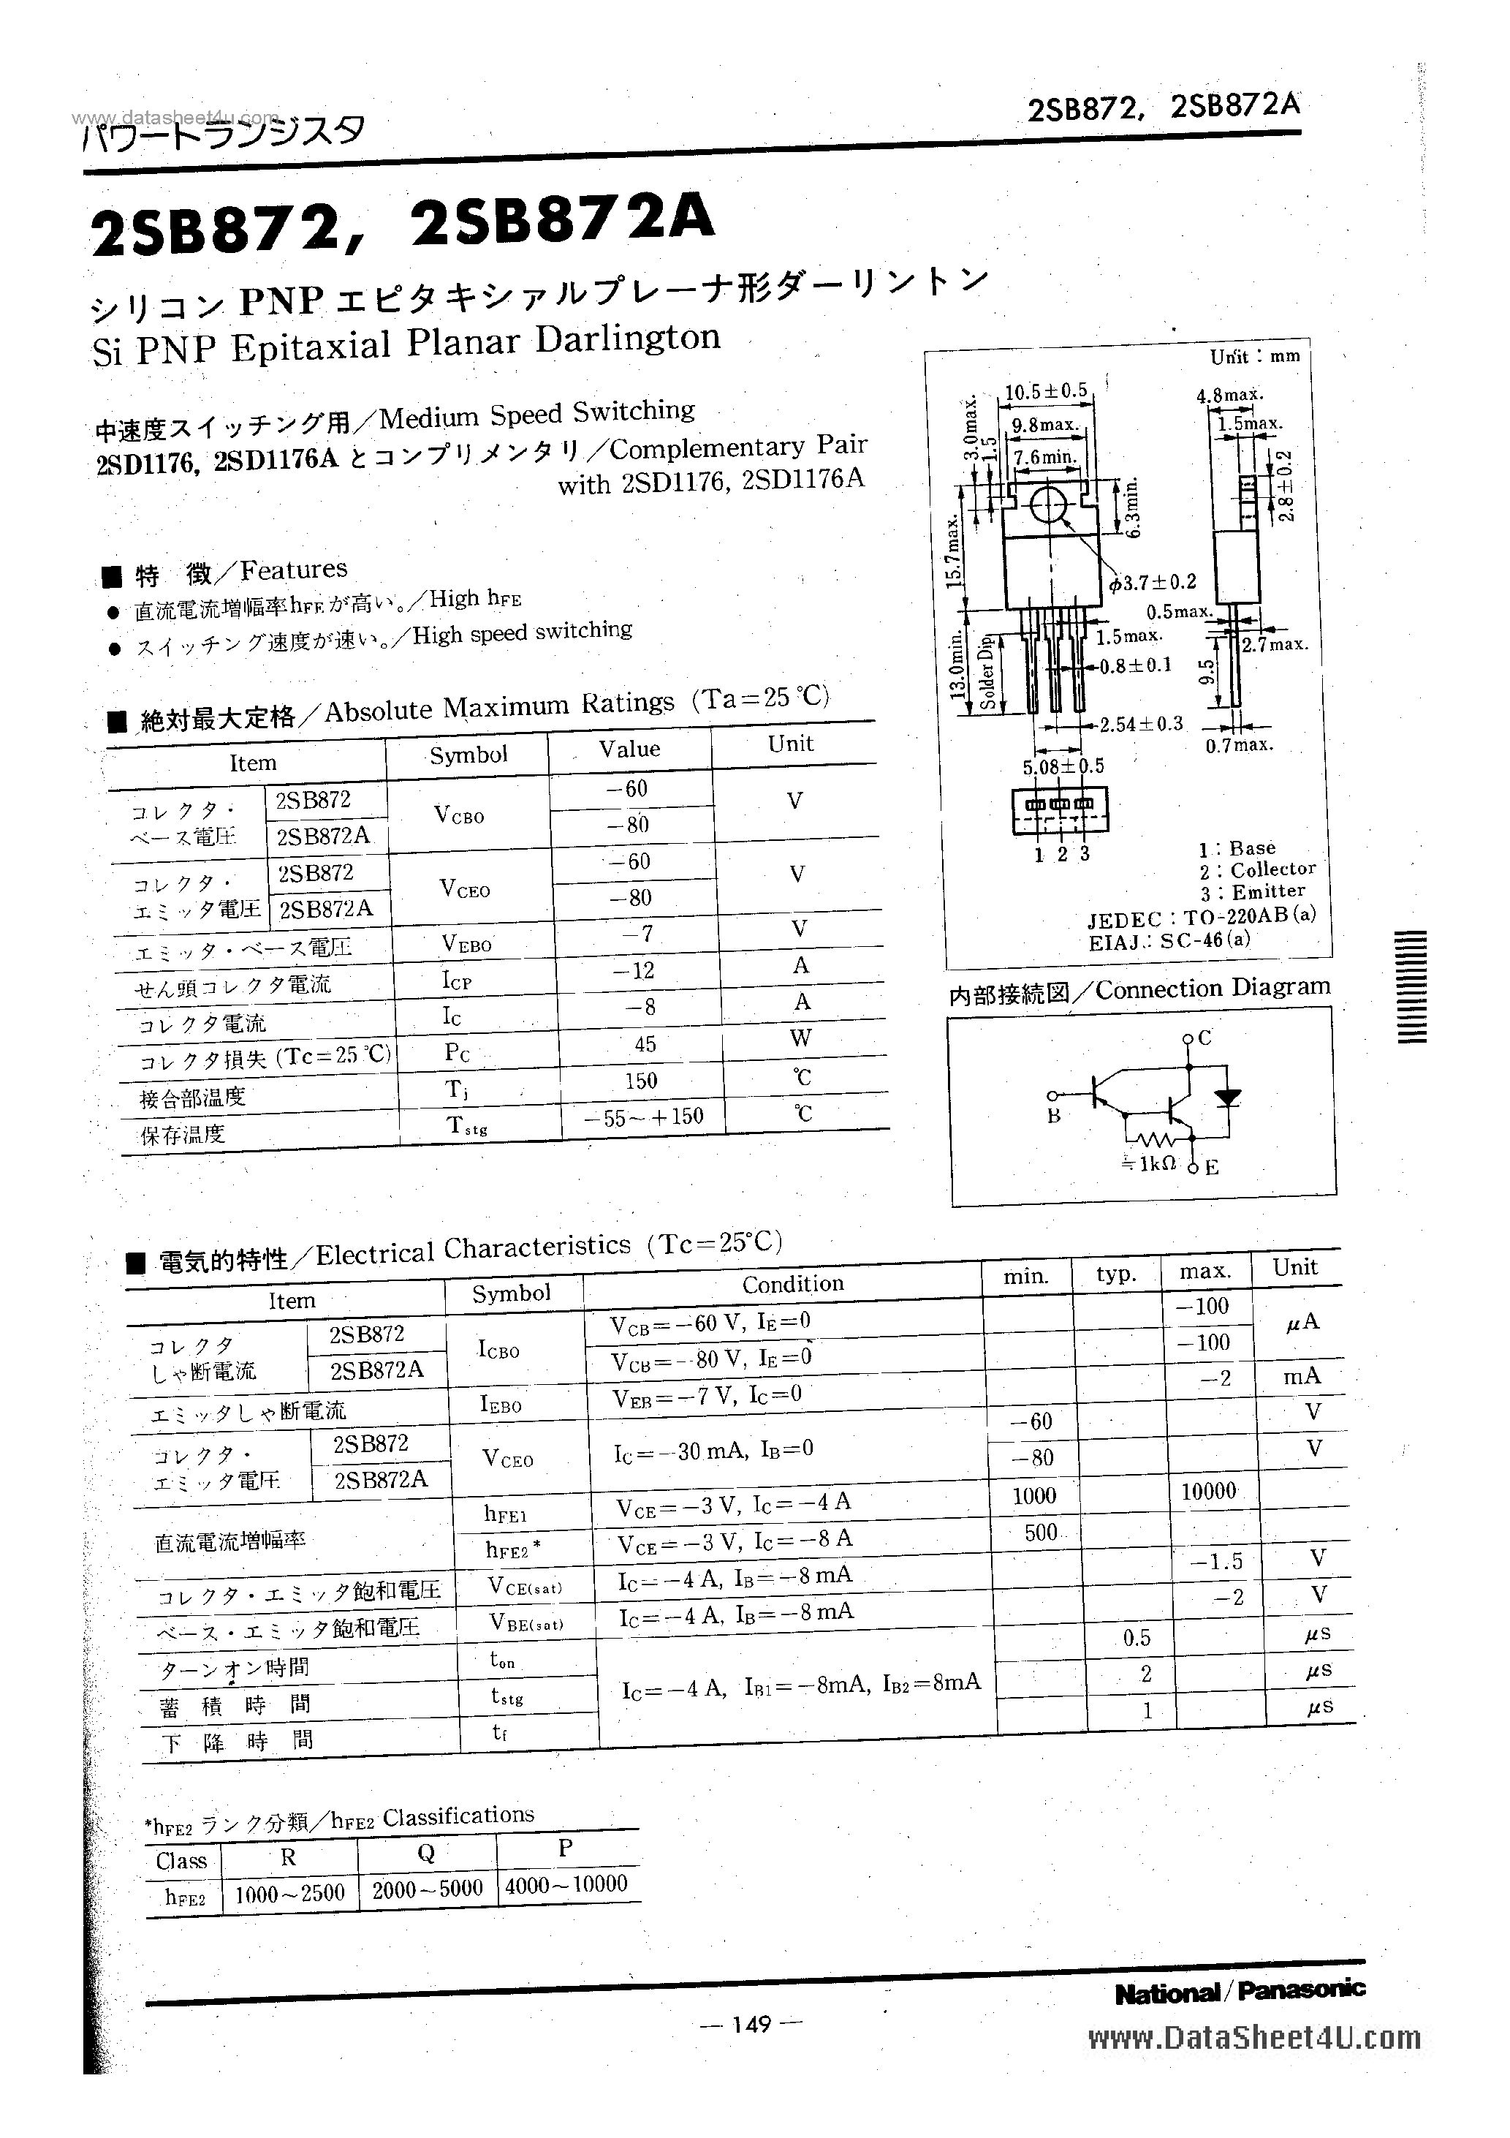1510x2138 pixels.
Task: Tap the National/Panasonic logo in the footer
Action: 1239,1992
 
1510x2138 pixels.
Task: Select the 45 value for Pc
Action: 645,1044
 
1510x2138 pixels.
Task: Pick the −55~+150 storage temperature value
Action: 643,1117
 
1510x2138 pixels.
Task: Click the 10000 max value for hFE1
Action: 1207,1492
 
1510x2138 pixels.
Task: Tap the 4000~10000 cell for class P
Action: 566,1884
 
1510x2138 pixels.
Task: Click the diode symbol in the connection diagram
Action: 1228,1097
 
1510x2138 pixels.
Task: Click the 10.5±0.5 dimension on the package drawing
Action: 1045,391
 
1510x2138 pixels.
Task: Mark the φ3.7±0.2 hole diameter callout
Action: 1153,583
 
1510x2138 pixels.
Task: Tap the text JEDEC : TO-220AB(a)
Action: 1202,917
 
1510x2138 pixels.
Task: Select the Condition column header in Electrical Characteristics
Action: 792,1283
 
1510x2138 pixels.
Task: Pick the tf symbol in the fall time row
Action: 499,1733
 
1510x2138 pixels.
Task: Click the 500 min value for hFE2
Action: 1040,1532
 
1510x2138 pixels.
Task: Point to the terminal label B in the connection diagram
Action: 1053,1117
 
